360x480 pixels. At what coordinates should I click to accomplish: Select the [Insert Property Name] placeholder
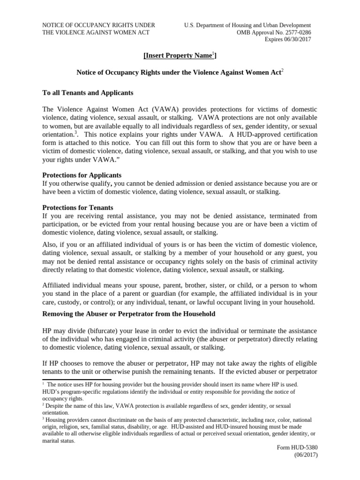pyautogui.click(x=180, y=56)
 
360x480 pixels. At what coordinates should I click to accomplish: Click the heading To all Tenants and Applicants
pyautogui.click(x=88, y=93)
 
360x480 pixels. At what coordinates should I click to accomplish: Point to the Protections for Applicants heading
pyautogui.click(x=82, y=175)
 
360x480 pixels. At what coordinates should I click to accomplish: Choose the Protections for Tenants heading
pyautogui.click(x=77, y=208)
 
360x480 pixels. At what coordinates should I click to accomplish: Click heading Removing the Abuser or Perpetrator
pyautogui.click(x=129, y=314)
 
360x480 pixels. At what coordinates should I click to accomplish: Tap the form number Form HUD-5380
pyautogui.click(x=298, y=448)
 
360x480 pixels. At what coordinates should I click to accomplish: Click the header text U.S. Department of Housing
pyautogui.click(x=247, y=25)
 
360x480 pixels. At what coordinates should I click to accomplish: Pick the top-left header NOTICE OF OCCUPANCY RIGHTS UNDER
pyautogui.click(x=98, y=25)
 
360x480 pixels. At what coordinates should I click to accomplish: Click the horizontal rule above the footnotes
pyautogui.click(x=77, y=380)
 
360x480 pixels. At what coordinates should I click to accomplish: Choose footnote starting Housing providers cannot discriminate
pyautogui.click(x=178, y=420)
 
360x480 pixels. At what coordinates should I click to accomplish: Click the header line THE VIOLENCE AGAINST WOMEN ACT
pyautogui.click(x=96, y=32)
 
